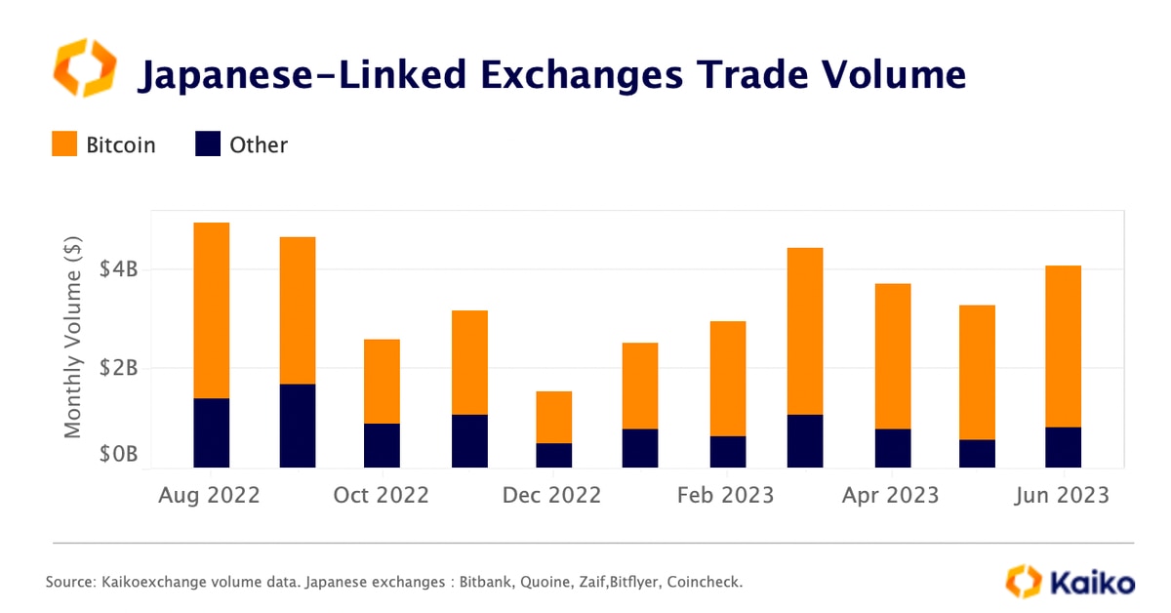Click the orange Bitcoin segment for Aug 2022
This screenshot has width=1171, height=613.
[211, 310]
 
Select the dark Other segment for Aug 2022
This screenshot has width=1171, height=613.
[211, 432]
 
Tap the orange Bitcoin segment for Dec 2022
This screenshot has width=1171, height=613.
[553, 417]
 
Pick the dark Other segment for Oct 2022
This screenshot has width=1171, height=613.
[382, 445]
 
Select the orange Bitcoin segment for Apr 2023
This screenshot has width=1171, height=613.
[892, 355]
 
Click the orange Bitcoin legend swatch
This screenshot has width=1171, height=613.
[64, 145]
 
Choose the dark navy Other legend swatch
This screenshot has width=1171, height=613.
[208, 145]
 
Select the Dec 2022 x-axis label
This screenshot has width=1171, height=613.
[552, 495]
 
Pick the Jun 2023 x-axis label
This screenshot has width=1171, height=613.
[1062, 495]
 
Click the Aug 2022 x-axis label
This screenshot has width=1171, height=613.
[210, 495]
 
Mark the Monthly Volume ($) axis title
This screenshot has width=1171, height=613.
[73, 336]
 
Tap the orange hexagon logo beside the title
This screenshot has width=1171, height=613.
[84, 68]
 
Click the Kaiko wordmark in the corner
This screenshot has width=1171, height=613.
[1092, 583]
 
